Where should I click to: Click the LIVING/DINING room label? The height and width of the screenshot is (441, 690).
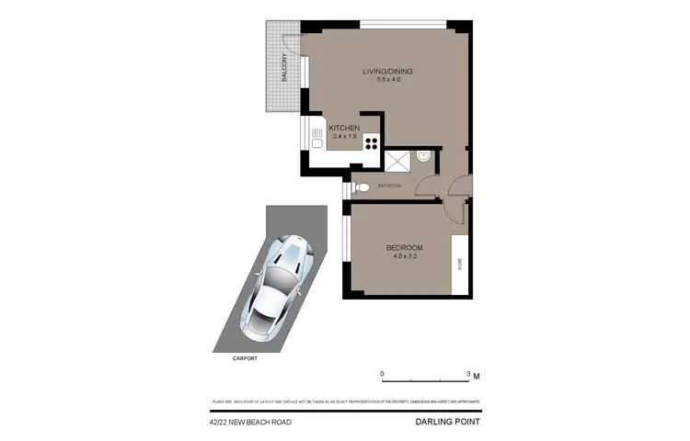[x=388, y=71]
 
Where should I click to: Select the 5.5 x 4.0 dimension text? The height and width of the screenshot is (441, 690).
[x=388, y=80]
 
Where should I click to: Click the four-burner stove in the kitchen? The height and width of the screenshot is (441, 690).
[x=372, y=142]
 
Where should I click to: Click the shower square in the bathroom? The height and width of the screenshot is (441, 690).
[x=398, y=161]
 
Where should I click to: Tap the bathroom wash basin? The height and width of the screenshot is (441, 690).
[x=422, y=157]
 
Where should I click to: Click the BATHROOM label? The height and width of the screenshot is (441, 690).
[x=389, y=186]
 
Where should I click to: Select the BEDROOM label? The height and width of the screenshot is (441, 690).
[x=404, y=248]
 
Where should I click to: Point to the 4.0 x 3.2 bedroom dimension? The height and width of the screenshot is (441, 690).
[x=404, y=257]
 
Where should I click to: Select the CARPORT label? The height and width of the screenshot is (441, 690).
[x=244, y=358]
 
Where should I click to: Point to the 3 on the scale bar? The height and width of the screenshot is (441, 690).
[x=467, y=374]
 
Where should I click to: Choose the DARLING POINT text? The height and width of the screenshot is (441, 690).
[x=447, y=423]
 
